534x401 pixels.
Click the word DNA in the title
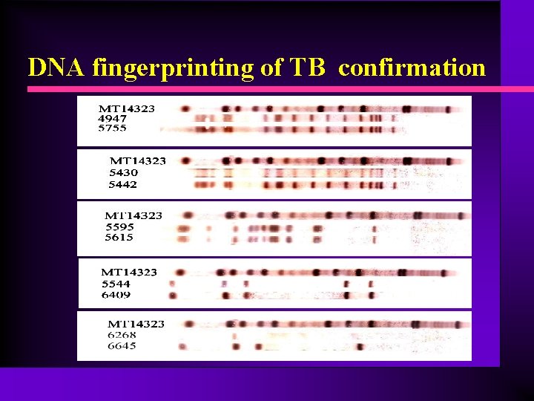point(58,68)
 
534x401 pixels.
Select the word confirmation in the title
point(412,68)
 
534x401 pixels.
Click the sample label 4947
point(112,118)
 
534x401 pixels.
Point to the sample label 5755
point(112,128)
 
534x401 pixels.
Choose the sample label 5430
point(124,173)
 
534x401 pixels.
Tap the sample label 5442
point(124,184)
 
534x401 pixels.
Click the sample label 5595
point(119,227)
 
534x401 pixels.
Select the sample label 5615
point(119,238)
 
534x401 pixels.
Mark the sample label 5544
point(116,284)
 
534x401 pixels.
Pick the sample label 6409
point(116,295)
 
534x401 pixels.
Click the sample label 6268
point(122,335)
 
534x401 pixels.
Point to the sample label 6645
point(122,346)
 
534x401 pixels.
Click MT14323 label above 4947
point(127,108)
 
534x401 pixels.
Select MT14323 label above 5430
point(138,161)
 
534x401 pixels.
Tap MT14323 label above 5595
point(133,216)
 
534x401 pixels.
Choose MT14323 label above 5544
point(129,273)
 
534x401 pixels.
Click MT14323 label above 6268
point(136,324)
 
